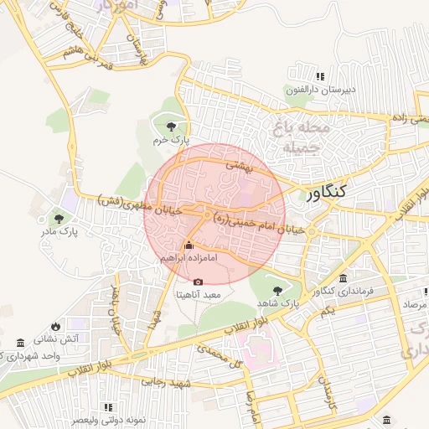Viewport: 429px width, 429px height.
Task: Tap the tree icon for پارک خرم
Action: [172, 127]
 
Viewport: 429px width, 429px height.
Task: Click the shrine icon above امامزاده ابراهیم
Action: [188, 246]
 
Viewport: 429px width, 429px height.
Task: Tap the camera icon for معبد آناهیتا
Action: [199, 282]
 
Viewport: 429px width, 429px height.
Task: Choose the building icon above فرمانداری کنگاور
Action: [343, 279]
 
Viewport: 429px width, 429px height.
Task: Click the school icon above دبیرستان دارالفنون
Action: [297, 76]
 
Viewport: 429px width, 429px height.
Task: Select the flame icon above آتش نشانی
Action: [55, 326]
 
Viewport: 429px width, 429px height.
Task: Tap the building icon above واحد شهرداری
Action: [20, 344]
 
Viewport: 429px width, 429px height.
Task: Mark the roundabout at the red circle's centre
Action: [206, 215]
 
